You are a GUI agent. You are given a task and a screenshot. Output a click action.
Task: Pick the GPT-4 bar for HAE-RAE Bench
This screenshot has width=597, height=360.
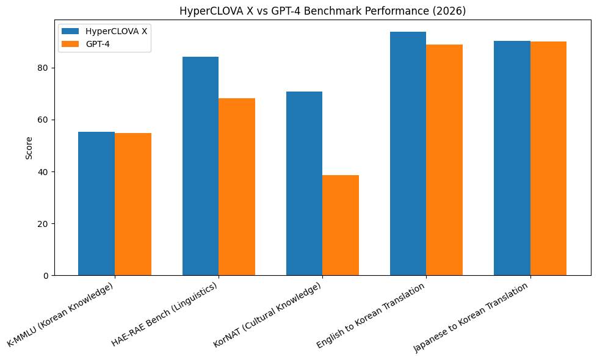[237, 187]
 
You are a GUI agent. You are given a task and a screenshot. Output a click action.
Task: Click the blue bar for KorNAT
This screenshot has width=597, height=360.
[304, 183]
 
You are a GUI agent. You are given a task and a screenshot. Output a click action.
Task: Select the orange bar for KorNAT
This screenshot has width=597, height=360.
[341, 225]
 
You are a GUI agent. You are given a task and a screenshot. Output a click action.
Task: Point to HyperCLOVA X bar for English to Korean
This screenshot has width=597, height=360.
[408, 153]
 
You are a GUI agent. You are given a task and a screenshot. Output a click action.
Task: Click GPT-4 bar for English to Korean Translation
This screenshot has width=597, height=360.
[444, 160]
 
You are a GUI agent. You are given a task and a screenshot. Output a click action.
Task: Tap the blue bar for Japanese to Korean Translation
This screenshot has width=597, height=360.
[512, 158]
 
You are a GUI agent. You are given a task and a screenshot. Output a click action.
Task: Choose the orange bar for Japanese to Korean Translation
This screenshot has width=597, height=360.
[548, 158]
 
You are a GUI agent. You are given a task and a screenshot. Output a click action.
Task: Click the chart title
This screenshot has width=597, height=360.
[322, 11]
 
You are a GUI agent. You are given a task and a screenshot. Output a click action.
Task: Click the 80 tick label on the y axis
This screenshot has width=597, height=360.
[44, 68]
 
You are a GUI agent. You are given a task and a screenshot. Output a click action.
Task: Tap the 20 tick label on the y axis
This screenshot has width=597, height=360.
[44, 224]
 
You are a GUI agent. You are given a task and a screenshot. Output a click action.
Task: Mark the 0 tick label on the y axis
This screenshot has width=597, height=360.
[46, 276]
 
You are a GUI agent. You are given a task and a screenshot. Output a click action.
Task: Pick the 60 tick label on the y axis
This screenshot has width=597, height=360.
[44, 120]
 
